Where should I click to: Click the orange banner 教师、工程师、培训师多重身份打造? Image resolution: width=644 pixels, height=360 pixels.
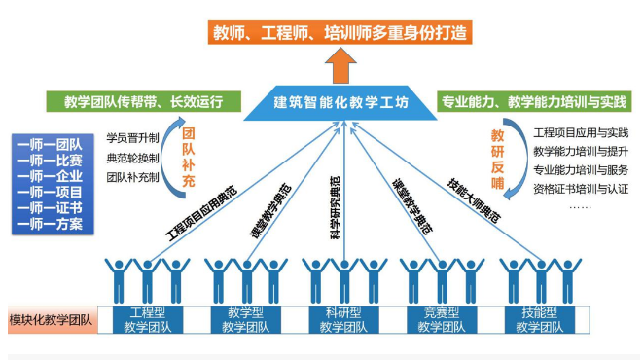point(340,31)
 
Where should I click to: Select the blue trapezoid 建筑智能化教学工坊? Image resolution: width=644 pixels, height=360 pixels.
point(340,102)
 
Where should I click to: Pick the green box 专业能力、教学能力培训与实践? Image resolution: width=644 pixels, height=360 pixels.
point(534,101)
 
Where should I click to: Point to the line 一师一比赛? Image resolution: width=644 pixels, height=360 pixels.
point(50,160)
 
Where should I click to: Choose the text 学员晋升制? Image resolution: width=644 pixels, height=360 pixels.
point(132,137)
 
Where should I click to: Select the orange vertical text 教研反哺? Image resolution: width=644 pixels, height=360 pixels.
point(498,156)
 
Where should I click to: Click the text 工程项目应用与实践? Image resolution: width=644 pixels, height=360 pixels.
point(581,131)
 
